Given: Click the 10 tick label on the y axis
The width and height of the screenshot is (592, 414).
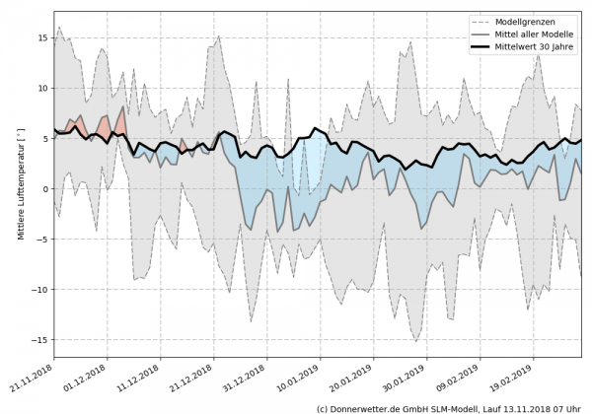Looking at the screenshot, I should [42, 88].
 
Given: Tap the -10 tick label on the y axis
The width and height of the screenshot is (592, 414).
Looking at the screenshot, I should [39, 290].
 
